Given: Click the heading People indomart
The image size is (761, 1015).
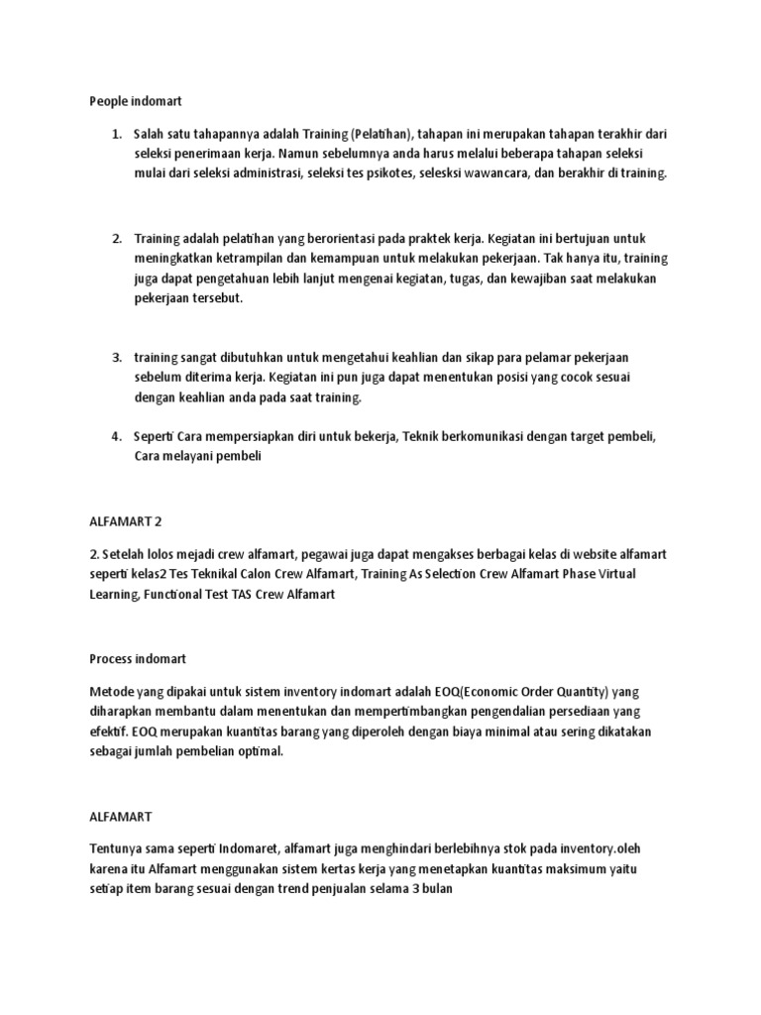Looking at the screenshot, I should coord(136,100).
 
